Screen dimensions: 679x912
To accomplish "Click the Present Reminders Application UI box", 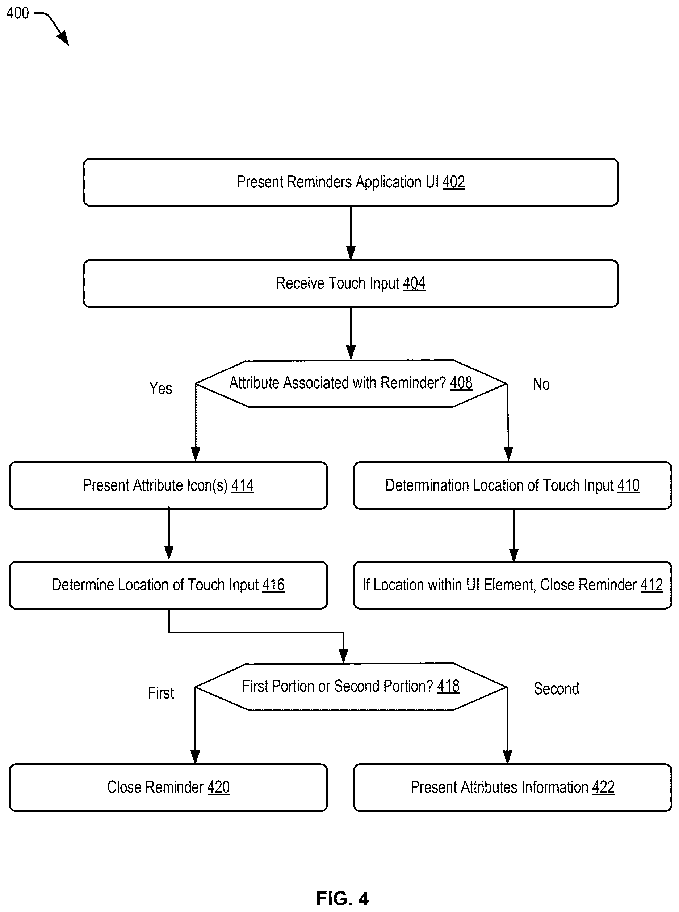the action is point(351,182).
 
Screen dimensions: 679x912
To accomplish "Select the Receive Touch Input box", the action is point(351,283).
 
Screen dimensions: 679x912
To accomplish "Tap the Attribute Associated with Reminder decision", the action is point(351,383).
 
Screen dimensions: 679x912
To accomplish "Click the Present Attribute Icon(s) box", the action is point(168,485).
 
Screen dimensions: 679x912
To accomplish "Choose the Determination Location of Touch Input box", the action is point(512,485).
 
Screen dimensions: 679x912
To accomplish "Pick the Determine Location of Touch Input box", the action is point(168,585).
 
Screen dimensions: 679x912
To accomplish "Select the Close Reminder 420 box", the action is point(168,788).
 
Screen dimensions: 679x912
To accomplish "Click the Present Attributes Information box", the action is point(512,788).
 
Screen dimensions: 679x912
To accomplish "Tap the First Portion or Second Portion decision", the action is point(351,687).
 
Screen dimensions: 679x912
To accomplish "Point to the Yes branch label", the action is point(160,388).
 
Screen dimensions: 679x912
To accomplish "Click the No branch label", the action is point(541,384).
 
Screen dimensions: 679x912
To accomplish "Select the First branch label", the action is point(161,693).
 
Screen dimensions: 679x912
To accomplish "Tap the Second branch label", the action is point(556,689).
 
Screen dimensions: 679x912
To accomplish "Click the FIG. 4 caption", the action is point(342,899).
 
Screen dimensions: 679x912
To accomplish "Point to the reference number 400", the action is point(18,13).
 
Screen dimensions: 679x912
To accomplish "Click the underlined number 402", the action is point(453,182).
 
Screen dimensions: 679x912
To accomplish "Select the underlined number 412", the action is point(651,585).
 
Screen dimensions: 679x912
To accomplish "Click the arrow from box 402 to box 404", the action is point(351,233).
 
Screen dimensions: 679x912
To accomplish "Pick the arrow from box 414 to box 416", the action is point(168,534).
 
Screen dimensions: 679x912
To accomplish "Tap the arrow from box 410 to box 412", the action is point(514,535).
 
